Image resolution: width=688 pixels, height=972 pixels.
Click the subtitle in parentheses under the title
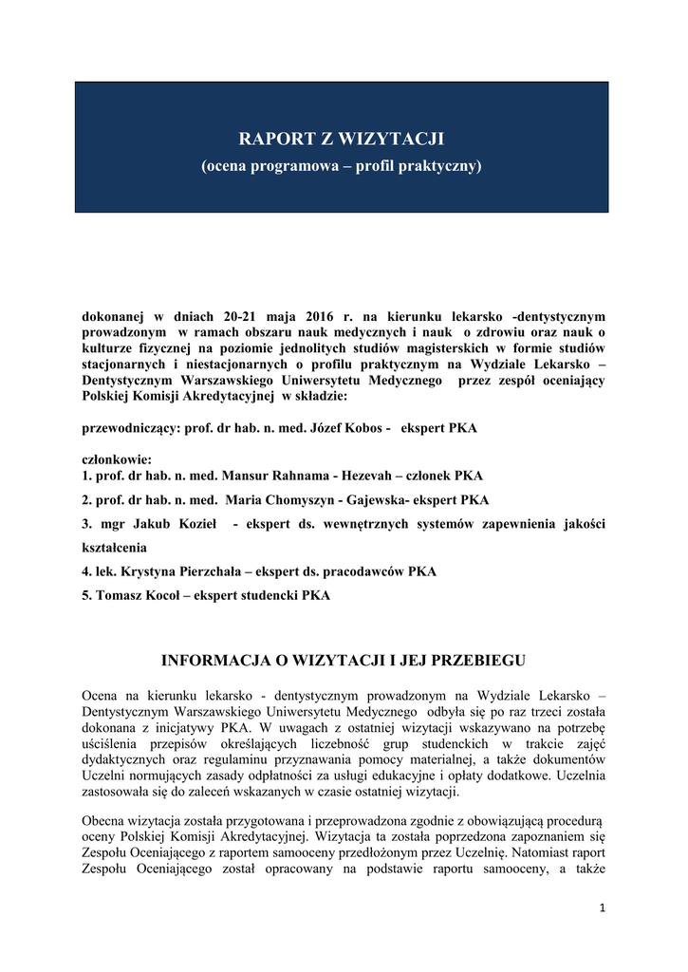coord(341,166)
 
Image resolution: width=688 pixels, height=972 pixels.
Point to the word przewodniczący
coord(131,429)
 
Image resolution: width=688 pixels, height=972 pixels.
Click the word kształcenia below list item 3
coord(115,548)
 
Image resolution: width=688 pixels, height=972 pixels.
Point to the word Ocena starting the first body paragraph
coord(101,695)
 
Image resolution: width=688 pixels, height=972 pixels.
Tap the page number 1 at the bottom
coord(602,908)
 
